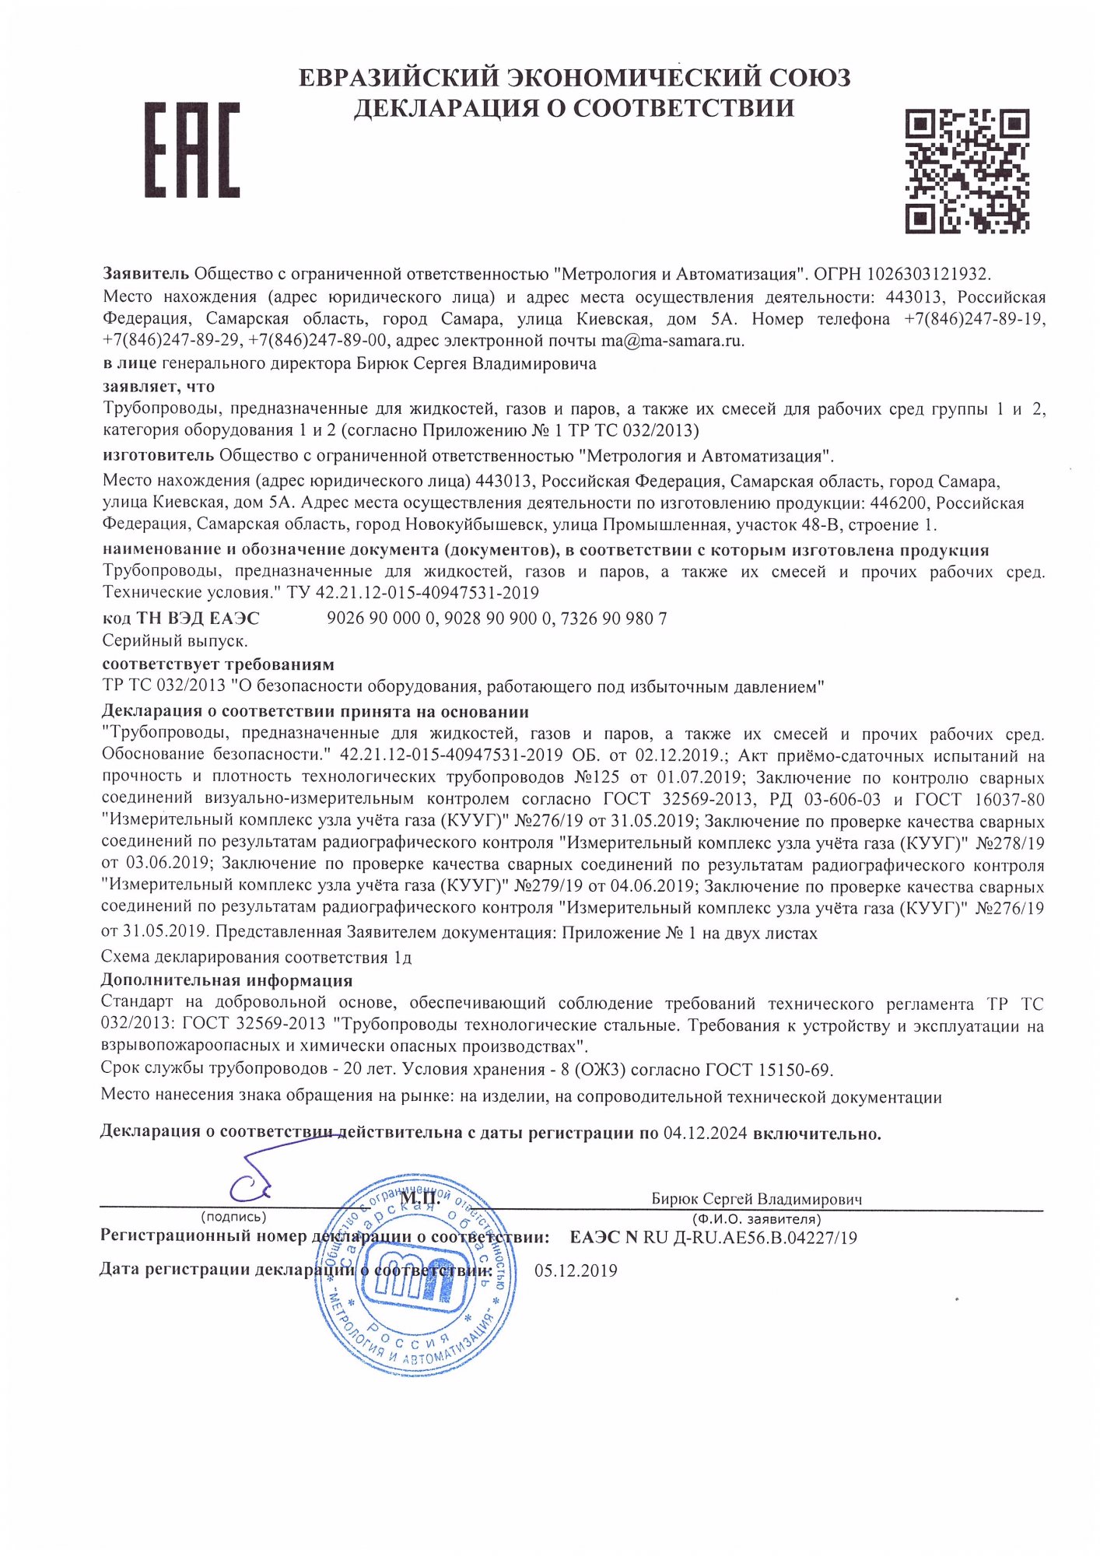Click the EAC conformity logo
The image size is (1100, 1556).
tap(192, 149)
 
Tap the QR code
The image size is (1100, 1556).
tap(967, 171)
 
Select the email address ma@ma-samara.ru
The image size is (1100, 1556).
tap(672, 341)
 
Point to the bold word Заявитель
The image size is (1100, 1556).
tap(145, 274)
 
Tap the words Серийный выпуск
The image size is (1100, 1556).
tap(175, 641)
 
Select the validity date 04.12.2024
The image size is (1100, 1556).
tap(705, 1134)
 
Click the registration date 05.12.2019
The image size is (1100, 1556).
tap(576, 1271)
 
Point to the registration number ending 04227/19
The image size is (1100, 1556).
tap(750, 1238)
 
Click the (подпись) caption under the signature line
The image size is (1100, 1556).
tap(233, 1217)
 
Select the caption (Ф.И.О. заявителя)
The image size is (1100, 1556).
tap(756, 1219)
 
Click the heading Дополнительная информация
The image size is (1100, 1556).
tap(226, 981)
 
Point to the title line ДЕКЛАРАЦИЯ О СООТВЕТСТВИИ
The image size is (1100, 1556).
tap(573, 108)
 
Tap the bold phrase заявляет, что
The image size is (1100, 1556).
tap(159, 387)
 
